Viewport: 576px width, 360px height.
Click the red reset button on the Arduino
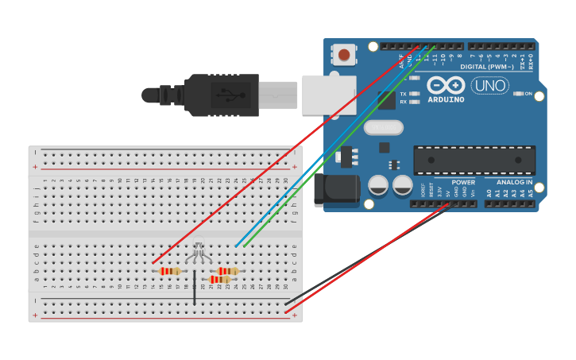point(344,55)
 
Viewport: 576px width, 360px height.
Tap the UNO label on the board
point(490,86)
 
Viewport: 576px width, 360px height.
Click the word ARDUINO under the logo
point(446,100)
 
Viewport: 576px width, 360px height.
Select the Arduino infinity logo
point(446,86)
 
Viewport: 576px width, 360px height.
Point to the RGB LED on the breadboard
point(199,253)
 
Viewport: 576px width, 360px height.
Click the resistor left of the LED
point(170,271)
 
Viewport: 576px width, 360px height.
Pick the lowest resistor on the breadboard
point(220,280)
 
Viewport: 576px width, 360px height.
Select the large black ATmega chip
point(474,160)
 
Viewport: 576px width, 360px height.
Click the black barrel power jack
point(334,191)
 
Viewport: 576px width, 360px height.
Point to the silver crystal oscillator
point(384,127)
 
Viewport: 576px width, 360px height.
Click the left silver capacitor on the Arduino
point(378,186)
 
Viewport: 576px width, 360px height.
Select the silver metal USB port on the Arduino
point(327,95)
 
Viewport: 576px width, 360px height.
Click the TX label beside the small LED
point(403,94)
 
